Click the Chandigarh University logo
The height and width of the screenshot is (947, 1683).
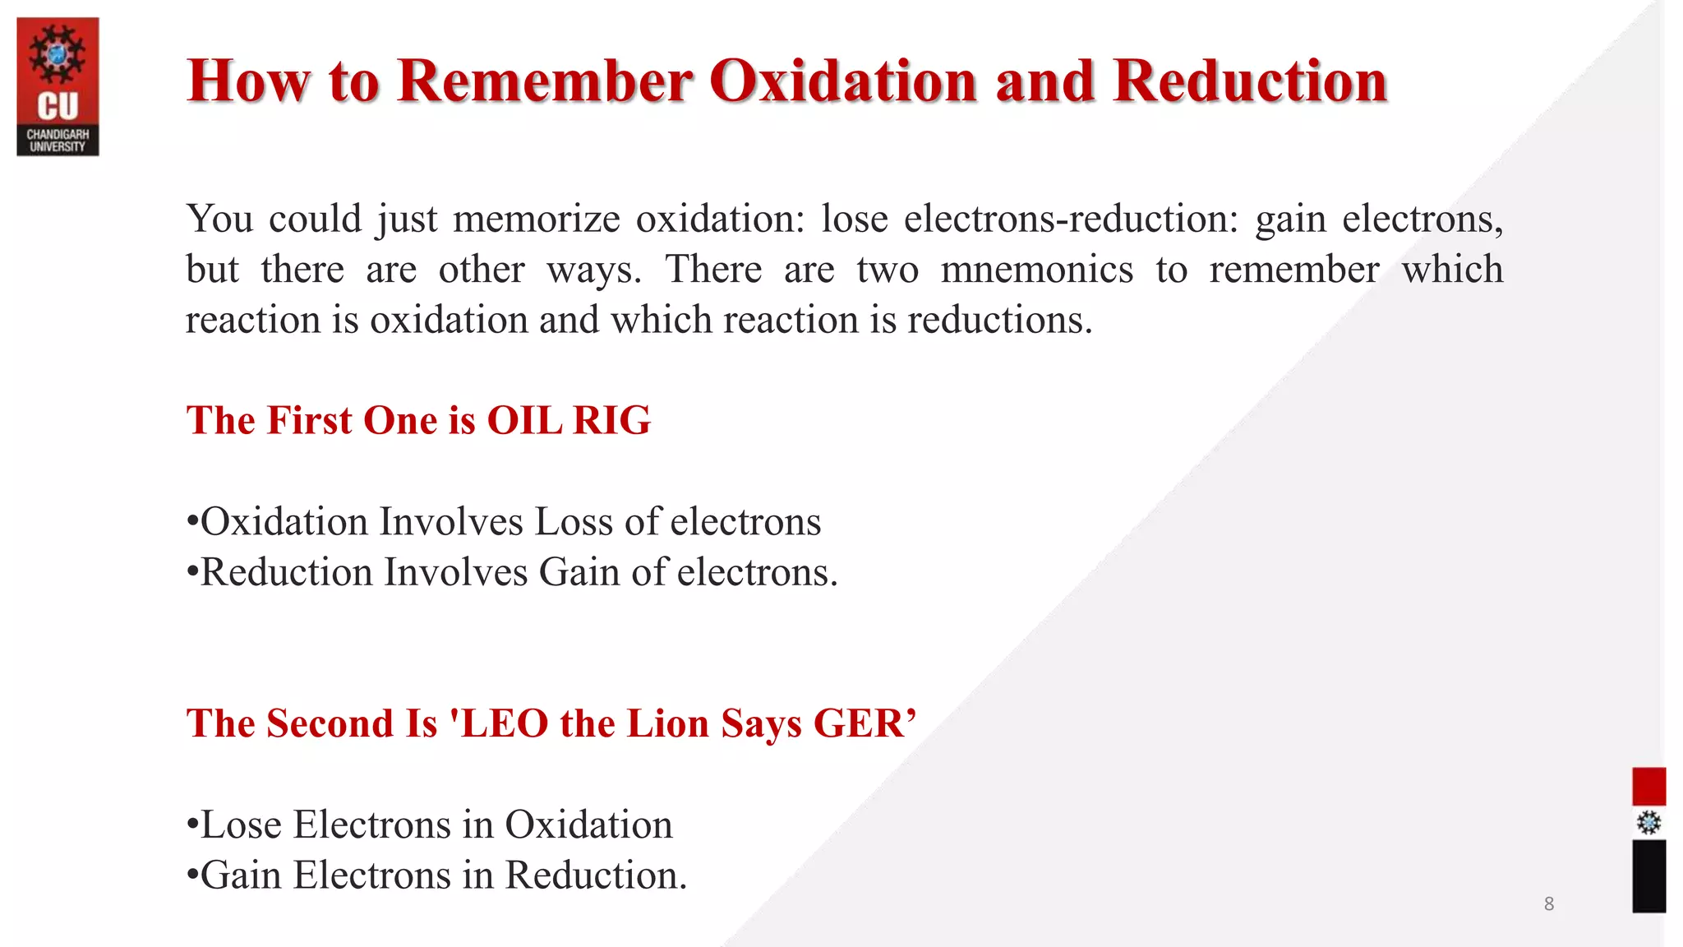(58, 86)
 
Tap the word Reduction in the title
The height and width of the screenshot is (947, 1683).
(1250, 81)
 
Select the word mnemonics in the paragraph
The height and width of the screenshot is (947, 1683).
(1036, 270)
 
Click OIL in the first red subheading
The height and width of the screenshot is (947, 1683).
(523, 420)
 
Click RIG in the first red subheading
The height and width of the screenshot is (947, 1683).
(611, 420)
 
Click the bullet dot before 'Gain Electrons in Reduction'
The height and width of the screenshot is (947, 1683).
(192, 875)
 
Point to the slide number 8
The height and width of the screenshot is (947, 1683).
(1548, 904)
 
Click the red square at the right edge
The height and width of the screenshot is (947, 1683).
(1648, 786)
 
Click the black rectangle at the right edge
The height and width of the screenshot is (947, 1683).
(1648, 875)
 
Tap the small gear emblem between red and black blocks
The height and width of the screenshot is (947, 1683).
(1648, 823)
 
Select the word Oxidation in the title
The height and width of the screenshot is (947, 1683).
(842, 81)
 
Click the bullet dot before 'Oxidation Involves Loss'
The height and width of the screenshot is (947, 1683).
(192, 522)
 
